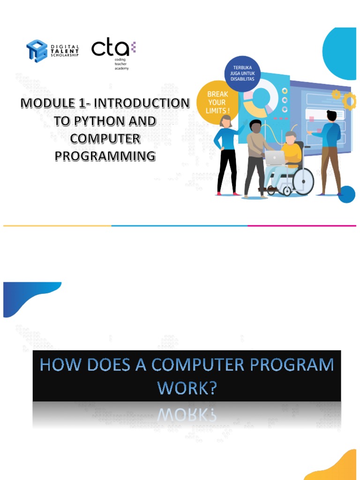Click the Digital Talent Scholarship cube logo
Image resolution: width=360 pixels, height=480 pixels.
click(x=37, y=50)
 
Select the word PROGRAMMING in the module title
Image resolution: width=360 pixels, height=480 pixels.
click(x=105, y=156)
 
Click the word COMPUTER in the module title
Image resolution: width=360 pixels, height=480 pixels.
click(x=105, y=138)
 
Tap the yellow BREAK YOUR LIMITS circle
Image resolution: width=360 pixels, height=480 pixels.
click(x=217, y=102)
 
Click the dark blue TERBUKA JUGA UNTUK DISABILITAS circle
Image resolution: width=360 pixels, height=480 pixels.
click(x=243, y=73)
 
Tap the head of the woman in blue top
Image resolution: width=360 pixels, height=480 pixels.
click(x=226, y=121)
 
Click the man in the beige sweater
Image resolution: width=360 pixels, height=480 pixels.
click(x=255, y=155)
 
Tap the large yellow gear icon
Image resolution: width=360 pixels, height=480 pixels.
click(x=350, y=101)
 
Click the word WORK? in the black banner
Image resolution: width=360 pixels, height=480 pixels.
click(x=187, y=389)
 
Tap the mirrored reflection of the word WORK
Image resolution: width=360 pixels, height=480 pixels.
click(x=187, y=414)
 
